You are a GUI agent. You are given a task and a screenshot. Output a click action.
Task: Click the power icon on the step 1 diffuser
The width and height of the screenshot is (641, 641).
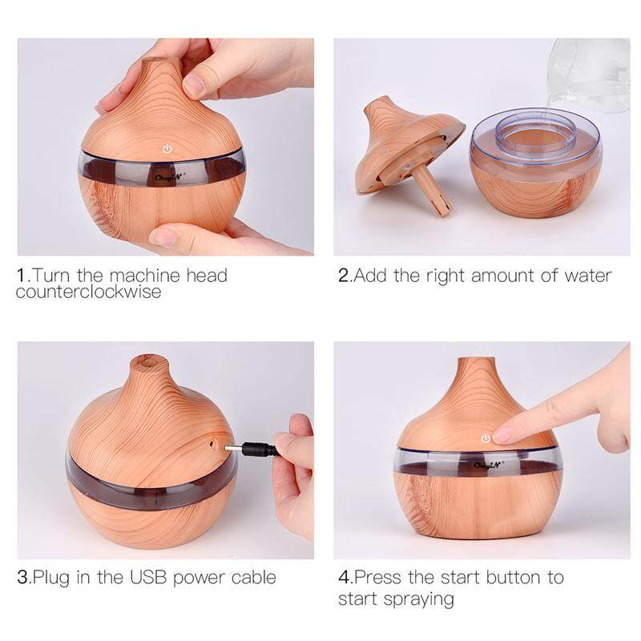[167, 148]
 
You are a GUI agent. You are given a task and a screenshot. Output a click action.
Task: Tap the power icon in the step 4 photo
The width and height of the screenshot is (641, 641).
[486, 438]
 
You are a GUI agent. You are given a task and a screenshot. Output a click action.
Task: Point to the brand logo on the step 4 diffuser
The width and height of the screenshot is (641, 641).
[489, 465]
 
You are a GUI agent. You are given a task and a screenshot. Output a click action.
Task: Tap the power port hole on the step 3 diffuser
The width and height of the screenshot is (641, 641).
[212, 443]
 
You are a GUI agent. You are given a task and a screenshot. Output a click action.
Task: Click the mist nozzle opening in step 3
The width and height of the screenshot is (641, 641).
[146, 361]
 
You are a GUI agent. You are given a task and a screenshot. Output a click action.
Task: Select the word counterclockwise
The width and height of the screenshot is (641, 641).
[89, 292]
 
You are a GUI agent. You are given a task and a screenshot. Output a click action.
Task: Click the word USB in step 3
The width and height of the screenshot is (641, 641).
[148, 578]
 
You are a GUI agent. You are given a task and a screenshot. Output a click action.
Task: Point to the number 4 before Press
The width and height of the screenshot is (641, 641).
[344, 578]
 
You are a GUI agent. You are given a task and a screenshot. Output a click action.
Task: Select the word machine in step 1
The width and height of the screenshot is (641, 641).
[145, 276]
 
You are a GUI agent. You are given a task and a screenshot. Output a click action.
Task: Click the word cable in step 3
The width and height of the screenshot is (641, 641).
[253, 578]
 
